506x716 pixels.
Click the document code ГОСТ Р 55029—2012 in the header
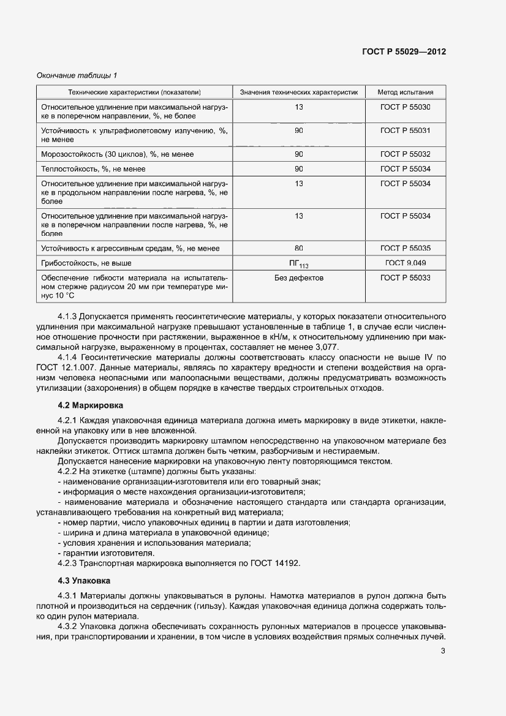[404, 52]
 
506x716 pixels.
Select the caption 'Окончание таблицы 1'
[77, 75]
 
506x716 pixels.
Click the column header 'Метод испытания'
[405, 92]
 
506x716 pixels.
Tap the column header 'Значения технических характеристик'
[298, 92]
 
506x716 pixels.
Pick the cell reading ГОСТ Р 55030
[405, 107]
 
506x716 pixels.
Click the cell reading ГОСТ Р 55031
[405, 130]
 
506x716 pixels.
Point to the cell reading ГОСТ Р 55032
[405, 154]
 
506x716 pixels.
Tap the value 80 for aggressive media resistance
[298, 248]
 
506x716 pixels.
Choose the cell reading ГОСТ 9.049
[405, 263]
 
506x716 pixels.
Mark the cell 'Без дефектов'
[298, 278]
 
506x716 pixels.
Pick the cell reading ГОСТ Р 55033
[405, 278]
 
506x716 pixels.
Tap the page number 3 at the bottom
[442, 651]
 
